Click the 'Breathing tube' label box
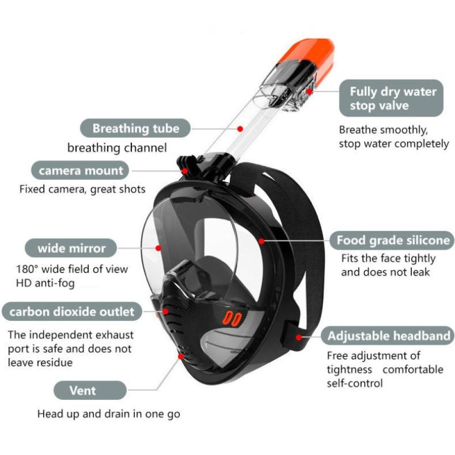pyautogui.click(x=136, y=128)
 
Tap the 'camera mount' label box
pyautogui.click(x=81, y=171)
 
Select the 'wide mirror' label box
pyautogui.click(x=71, y=248)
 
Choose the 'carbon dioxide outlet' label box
pyautogui.click(x=72, y=312)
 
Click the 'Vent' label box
pyautogui.click(x=83, y=390)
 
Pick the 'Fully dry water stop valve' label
pyautogui.click(x=393, y=99)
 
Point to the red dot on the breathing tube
pyautogui.click(x=240, y=129)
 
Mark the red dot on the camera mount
pyautogui.click(x=186, y=171)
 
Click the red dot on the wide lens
pyautogui.click(x=158, y=248)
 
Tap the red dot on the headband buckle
pyautogui.click(x=298, y=337)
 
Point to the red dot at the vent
pyautogui.click(x=181, y=357)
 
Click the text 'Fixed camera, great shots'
pyautogui.click(x=82, y=189)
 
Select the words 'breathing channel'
pyautogui.click(x=117, y=148)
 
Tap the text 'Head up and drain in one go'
pyautogui.click(x=108, y=414)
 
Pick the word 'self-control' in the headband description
pyautogui.click(x=355, y=383)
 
